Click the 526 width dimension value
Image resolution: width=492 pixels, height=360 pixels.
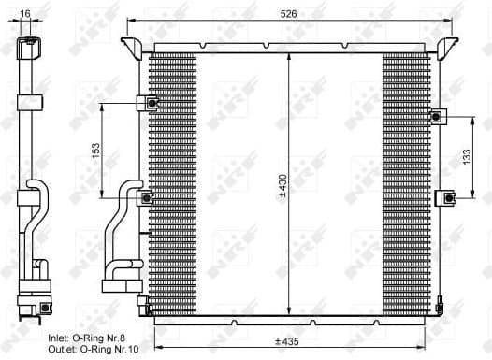pyautogui.click(x=290, y=12)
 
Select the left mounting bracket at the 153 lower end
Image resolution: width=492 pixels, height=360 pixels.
pyautogui.click(x=146, y=197)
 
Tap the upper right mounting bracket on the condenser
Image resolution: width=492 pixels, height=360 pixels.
pyautogui.click(x=436, y=116)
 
